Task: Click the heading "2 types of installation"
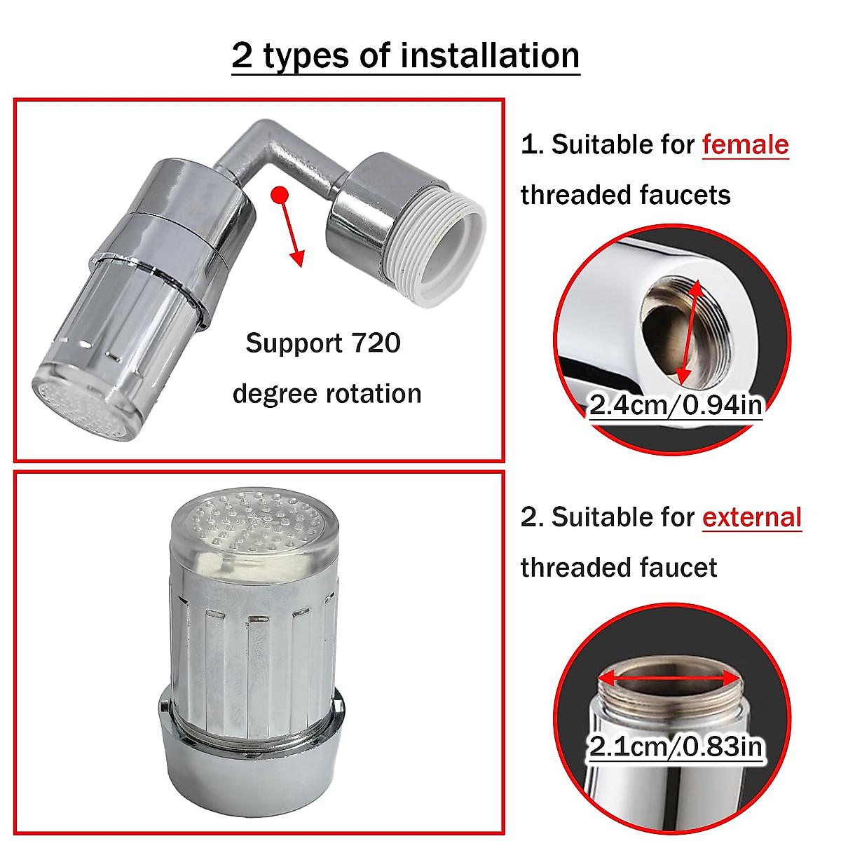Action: (x=406, y=56)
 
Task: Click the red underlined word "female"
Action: (x=745, y=145)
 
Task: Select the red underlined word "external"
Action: (x=751, y=518)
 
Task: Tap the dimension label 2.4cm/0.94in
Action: (x=675, y=405)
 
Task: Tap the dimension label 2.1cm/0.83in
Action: (x=675, y=746)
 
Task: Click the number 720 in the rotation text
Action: (x=375, y=343)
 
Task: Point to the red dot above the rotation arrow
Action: (x=280, y=194)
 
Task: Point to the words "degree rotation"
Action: (x=327, y=394)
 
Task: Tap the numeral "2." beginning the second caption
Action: (x=532, y=518)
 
